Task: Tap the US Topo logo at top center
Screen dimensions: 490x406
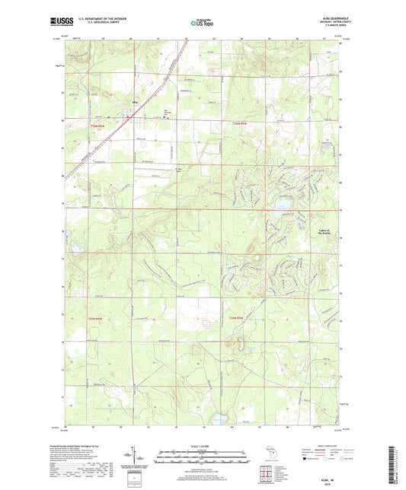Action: click(203, 24)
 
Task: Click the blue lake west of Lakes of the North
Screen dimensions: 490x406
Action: click(282, 203)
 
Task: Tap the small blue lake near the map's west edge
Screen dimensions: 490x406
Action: click(76, 248)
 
